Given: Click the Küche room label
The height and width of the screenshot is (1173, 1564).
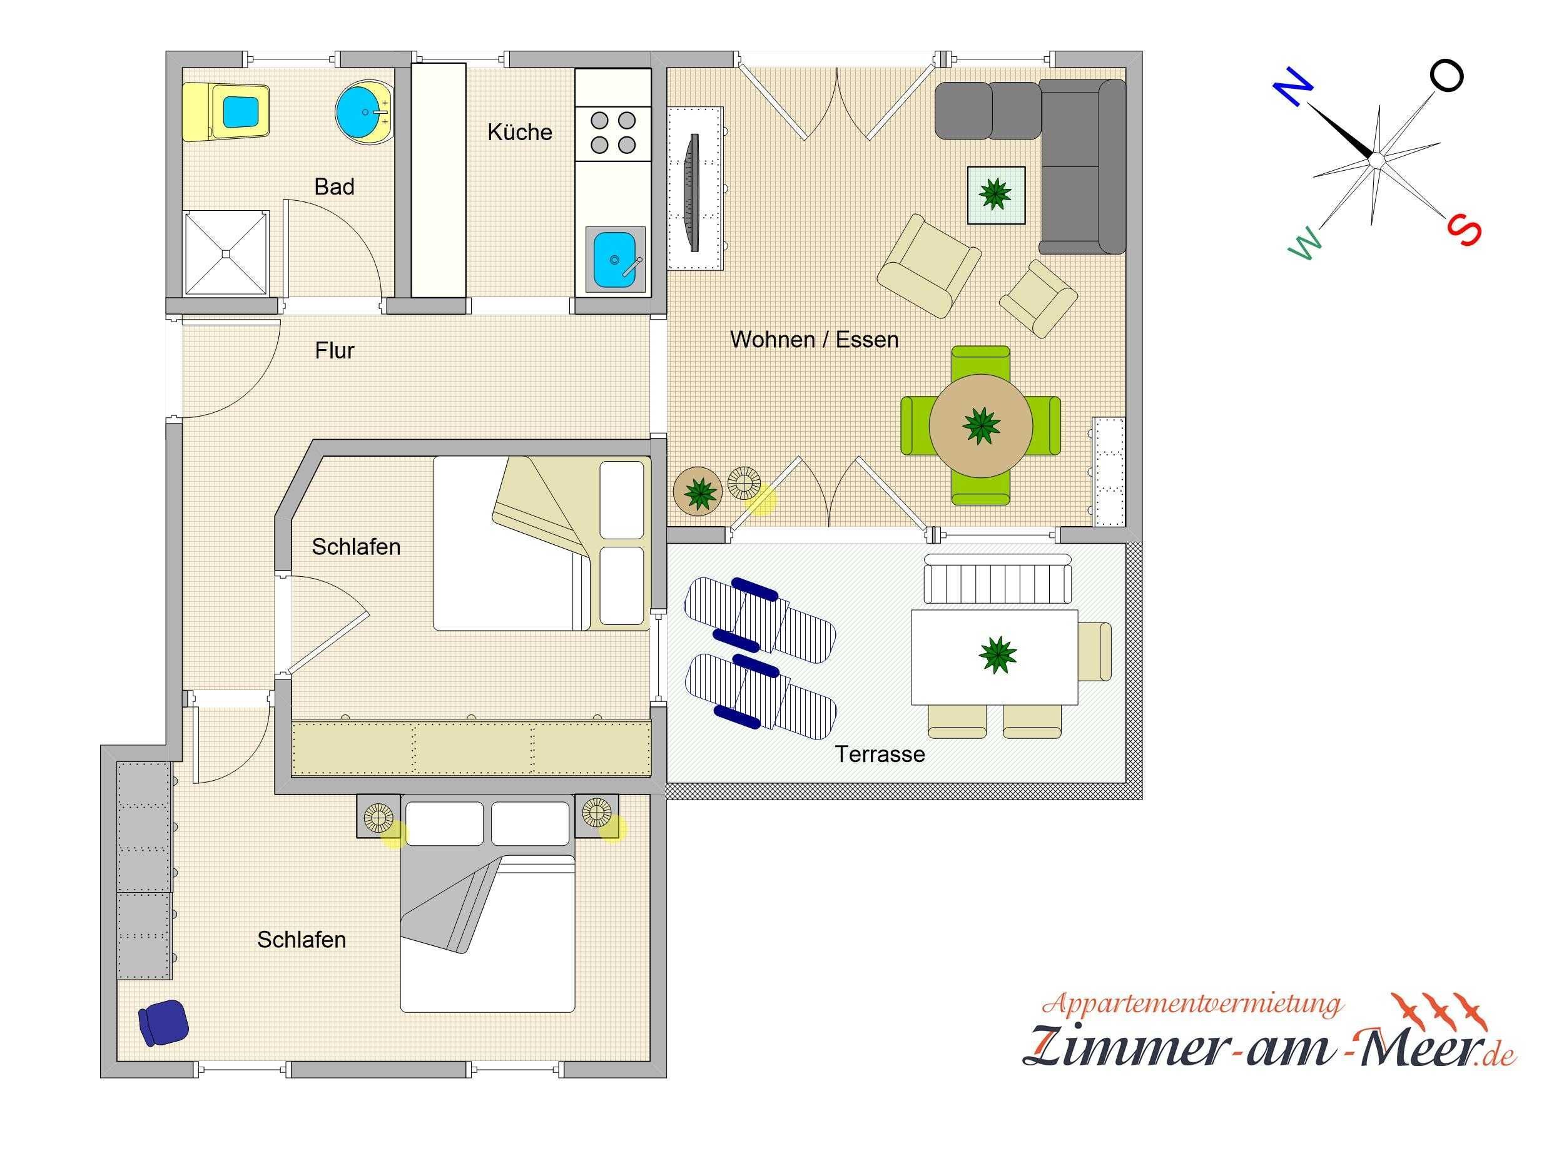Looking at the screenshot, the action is pos(520,132).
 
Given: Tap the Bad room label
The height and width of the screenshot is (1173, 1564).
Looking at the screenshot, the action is pos(335,186).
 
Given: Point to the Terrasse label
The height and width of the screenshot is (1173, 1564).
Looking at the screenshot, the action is pos(880,754).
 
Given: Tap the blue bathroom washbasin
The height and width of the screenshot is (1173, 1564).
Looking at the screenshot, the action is pos(364,112).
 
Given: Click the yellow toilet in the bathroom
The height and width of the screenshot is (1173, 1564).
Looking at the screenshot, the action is pos(226,112).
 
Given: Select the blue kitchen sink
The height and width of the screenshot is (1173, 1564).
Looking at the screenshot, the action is pos(615,261).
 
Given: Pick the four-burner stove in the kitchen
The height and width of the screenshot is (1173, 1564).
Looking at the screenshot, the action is pos(613,132).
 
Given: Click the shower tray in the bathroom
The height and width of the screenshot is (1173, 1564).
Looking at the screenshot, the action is pos(226,253).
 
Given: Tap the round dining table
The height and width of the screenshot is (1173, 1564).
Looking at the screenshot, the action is pos(981,425).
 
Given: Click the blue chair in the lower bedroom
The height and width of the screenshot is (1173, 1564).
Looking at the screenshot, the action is pos(163,1022).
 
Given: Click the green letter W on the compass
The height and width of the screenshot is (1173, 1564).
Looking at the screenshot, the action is pos(1304,244).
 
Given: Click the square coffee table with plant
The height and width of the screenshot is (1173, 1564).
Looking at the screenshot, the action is pos(995,195).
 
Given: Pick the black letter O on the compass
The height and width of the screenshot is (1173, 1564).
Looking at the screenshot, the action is pos(1446,76).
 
